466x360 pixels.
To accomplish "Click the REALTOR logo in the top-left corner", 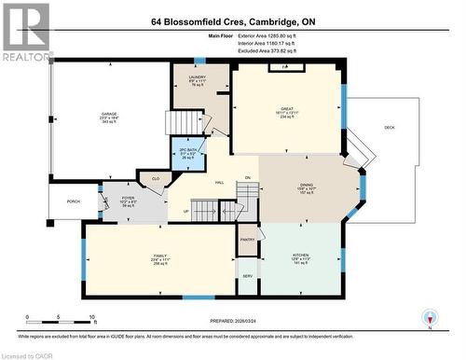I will tap(26, 32).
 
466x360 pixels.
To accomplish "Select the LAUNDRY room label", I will tap(196, 79).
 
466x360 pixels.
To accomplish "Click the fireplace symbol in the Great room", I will tap(286, 68).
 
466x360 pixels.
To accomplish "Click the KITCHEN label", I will tap(299, 255).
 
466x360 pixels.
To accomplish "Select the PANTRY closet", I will tap(247, 240).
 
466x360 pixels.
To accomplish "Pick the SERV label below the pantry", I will tap(247, 277).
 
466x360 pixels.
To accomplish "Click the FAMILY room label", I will tap(160, 256).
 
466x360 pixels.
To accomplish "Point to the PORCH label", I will tap(73, 201).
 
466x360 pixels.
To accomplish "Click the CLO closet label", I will tap(156, 177).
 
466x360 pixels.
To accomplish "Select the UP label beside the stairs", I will tap(185, 210).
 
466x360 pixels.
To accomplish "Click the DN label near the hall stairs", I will tap(248, 177).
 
